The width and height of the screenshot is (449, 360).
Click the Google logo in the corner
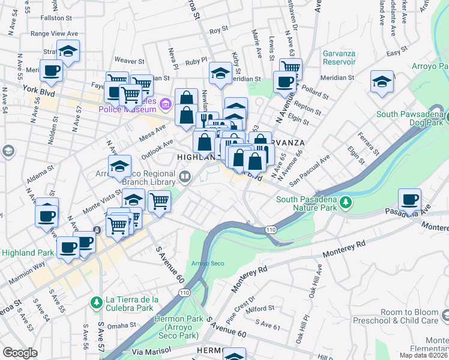coord(20,353)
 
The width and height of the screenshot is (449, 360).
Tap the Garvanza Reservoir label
coord(348,57)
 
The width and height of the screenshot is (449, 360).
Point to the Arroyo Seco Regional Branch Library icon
coord(185,176)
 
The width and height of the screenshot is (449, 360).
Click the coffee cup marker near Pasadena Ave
coord(409,200)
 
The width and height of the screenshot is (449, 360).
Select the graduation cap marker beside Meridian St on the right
coord(382,82)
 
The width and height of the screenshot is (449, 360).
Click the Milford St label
coord(259,309)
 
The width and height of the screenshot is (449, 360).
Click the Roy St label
coord(218,28)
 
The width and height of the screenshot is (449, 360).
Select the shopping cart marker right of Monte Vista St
coord(159,201)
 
